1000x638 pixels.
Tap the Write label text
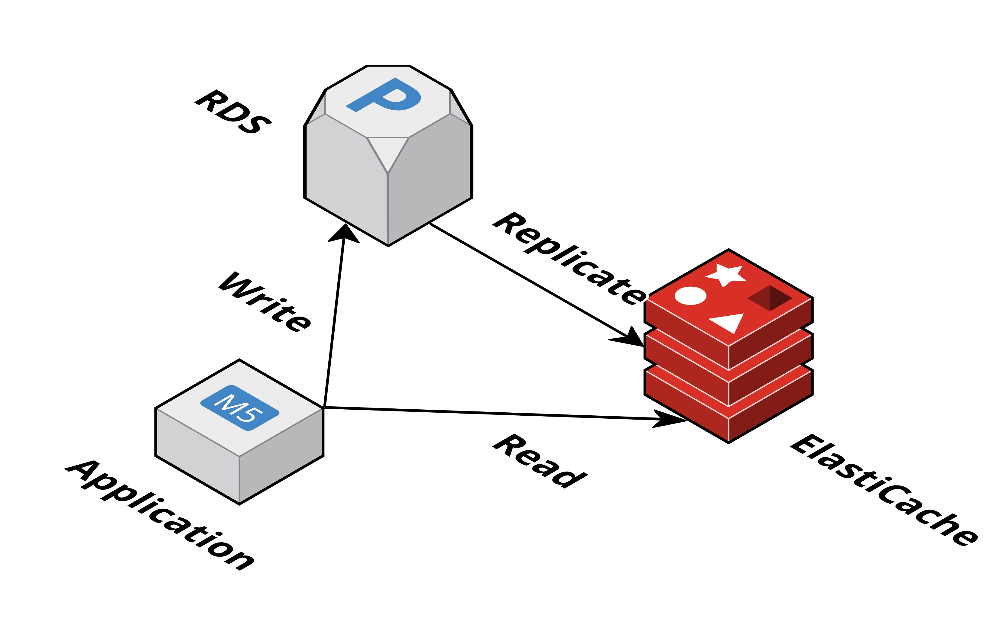(265, 302)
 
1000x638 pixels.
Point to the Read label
(540, 461)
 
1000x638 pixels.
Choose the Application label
(160, 515)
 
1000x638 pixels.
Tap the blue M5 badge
(240, 408)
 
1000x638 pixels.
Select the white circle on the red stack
(690, 295)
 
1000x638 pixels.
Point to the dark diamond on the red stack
(770, 298)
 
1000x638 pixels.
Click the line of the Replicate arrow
(528, 280)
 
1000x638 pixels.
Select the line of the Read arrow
(490, 414)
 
